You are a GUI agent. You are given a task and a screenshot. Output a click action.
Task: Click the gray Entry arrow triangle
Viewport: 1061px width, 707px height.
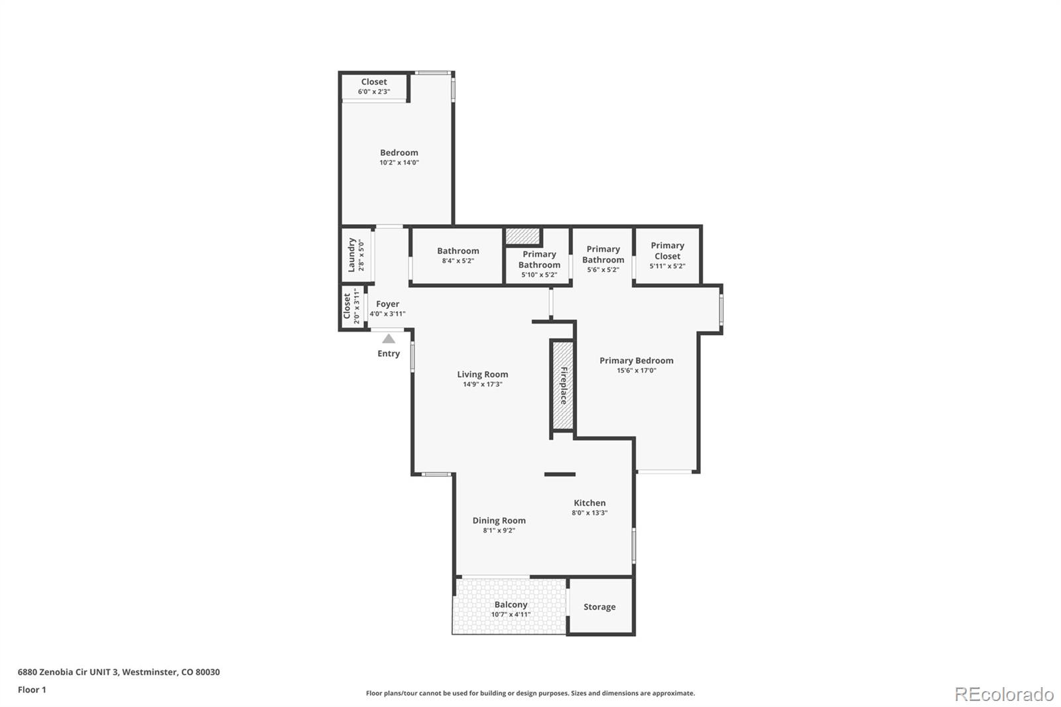click(x=389, y=339)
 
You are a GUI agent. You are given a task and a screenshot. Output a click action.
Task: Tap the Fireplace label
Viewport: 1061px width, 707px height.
click(x=564, y=385)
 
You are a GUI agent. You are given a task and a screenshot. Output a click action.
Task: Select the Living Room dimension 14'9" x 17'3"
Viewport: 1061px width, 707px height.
click(x=483, y=385)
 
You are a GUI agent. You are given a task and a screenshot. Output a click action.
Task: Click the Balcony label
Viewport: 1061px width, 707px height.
click(x=511, y=604)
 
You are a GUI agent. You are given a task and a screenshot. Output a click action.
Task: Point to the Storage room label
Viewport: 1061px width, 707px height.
click(x=599, y=607)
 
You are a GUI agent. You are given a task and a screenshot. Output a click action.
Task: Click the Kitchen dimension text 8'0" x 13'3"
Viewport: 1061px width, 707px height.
click(x=590, y=513)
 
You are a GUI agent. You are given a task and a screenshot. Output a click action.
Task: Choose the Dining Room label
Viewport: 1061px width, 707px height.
click(x=499, y=521)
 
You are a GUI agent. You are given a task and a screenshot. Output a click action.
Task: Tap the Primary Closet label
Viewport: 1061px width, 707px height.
click(x=667, y=251)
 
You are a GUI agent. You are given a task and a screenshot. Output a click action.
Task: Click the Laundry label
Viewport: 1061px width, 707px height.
click(x=352, y=255)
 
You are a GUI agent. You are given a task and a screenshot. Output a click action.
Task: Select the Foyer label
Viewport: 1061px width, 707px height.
click(x=387, y=304)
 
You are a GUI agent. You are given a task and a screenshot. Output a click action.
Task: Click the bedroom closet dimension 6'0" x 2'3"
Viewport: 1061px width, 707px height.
click(x=374, y=92)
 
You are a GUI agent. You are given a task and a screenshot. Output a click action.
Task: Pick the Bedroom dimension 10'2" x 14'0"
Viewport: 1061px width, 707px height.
click(x=399, y=162)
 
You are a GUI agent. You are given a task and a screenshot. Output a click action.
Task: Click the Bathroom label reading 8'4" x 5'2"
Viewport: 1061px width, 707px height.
click(x=458, y=251)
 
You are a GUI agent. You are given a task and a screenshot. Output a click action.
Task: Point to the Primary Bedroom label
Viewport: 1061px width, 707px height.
click(x=636, y=360)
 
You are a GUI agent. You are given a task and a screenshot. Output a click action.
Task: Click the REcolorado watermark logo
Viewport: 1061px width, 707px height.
click(x=1003, y=694)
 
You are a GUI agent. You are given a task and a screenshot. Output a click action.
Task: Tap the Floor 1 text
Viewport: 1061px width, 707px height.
click(x=32, y=690)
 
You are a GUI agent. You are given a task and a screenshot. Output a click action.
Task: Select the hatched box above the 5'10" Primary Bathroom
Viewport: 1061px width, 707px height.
click(x=523, y=236)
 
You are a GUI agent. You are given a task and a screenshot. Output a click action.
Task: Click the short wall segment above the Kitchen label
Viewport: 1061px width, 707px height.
click(x=560, y=474)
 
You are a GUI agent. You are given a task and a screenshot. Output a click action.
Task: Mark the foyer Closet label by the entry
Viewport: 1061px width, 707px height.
click(x=347, y=306)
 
